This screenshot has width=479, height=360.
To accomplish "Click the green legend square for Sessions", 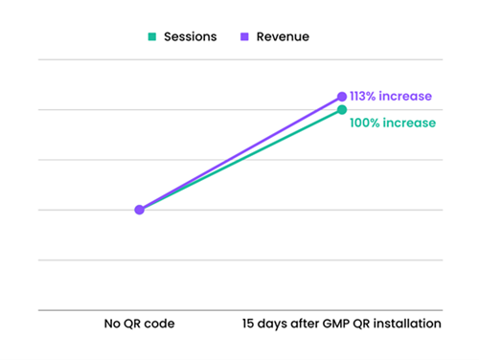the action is coord(152,36).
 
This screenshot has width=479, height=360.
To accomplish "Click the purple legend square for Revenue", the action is coord(244,36).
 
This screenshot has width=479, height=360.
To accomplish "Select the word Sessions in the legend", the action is coord(191,36).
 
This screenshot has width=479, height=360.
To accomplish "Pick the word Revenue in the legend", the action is coord(283,36).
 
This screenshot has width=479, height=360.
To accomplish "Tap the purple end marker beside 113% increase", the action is coord(342,97).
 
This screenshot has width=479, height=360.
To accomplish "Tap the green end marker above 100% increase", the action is coord(342,110).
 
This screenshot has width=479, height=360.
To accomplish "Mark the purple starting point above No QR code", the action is coord(139,210).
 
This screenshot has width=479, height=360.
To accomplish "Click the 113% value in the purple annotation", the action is coord(363,96).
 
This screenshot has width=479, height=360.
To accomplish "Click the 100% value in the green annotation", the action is coord(365,123).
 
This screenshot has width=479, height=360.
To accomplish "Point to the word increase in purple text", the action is coord(405,96).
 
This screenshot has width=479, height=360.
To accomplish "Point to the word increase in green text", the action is coord(409,123).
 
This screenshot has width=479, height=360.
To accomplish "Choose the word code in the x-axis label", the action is coord(159,324).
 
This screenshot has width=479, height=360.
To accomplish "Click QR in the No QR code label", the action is coord(132,324).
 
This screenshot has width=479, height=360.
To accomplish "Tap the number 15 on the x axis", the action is coord(248,324).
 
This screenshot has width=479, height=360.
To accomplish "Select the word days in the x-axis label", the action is coord(272,325).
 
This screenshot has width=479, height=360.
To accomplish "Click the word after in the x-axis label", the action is coord(305,324).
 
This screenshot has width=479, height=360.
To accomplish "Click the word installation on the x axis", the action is coord(407,324).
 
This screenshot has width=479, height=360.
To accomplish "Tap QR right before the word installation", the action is coord(361,324).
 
